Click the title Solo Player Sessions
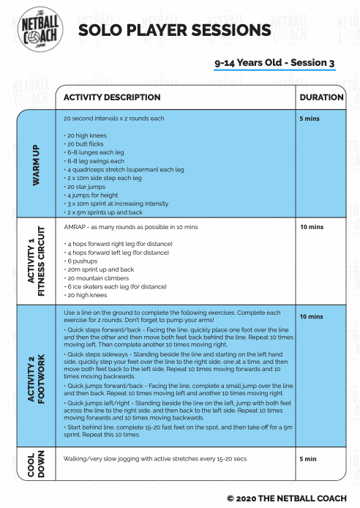coord(174,29)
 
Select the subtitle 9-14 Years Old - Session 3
coord(274,63)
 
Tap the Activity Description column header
coord(112,97)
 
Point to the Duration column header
coord(321,97)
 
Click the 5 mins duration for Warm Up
coord(311,117)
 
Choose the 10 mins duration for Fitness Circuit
coord(312,227)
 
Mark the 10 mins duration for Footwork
coord(312,316)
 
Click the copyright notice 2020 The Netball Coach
coord(286,497)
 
